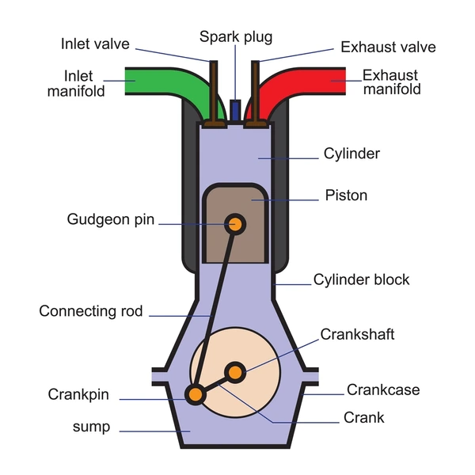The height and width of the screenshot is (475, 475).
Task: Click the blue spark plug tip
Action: tap(235, 109)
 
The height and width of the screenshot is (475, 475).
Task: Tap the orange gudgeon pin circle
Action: tap(234, 224)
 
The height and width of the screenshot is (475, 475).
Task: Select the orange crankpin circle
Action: tap(194, 393)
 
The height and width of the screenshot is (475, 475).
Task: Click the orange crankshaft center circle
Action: tap(235, 371)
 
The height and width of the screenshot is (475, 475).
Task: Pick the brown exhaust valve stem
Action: tap(256, 91)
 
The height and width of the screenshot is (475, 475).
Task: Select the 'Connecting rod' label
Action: tap(91, 311)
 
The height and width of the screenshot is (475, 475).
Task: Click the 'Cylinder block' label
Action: tap(362, 280)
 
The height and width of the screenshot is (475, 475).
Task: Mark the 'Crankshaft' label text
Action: tap(357, 335)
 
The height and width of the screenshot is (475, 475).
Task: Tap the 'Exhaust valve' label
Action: tap(388, 47)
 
